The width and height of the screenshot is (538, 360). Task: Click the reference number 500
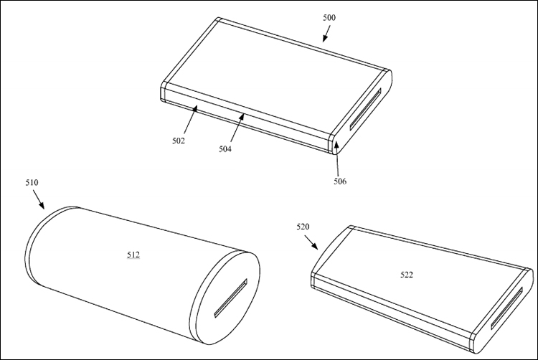[329, 18]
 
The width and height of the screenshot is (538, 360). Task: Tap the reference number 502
[179, 141]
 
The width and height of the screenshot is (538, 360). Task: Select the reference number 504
[225, 149]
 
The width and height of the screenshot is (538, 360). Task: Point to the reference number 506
[340, 181]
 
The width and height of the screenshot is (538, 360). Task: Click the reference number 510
[32, 183]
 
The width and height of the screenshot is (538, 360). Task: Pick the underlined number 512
[133, 255]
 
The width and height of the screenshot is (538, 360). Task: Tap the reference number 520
[303, 227]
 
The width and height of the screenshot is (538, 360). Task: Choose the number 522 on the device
[407, 275]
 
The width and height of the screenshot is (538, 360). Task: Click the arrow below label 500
[326, 34]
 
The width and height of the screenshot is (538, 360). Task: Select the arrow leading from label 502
[190, 120]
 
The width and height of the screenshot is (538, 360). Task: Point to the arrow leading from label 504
[237, 128]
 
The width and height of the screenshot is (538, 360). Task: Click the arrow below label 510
[39, 199]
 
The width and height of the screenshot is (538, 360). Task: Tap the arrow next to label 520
[311, 242]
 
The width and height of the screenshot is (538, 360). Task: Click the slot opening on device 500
[365, 110]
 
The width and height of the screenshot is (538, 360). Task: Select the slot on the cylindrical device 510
[230, 298]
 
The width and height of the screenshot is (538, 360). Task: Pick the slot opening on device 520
[506, 308]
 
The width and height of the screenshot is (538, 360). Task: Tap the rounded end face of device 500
[363, 110]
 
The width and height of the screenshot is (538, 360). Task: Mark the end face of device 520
[503, 310]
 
